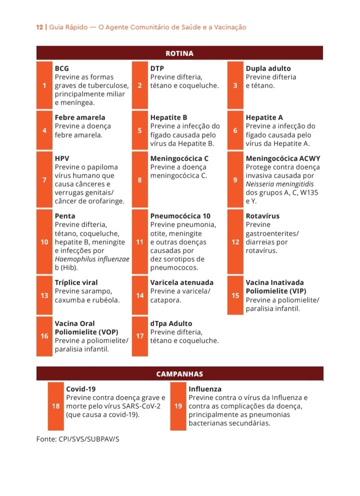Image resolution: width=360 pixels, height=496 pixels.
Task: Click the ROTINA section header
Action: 179,53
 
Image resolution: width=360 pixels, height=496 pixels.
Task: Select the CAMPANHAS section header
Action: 179,373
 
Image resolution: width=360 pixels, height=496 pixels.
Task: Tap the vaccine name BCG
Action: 62,68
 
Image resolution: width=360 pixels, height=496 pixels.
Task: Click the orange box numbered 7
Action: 44,179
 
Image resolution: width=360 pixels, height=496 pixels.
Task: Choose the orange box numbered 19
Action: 178,406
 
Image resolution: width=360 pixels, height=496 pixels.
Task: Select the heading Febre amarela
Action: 80,117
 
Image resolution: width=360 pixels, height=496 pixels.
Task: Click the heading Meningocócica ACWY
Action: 283,158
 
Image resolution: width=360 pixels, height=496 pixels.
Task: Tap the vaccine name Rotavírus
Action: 262,216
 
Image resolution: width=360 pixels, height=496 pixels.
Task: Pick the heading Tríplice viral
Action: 76,282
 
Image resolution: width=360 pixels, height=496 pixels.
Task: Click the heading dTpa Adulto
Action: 171,323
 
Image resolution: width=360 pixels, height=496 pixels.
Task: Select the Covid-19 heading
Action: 81,388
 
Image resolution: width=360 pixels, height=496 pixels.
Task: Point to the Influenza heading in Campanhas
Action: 205,388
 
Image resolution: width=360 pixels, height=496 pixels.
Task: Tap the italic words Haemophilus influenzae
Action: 92,259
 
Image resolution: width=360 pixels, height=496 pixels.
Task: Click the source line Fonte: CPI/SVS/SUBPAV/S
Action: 78,439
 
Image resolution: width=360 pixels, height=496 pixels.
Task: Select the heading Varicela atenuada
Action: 182,282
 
